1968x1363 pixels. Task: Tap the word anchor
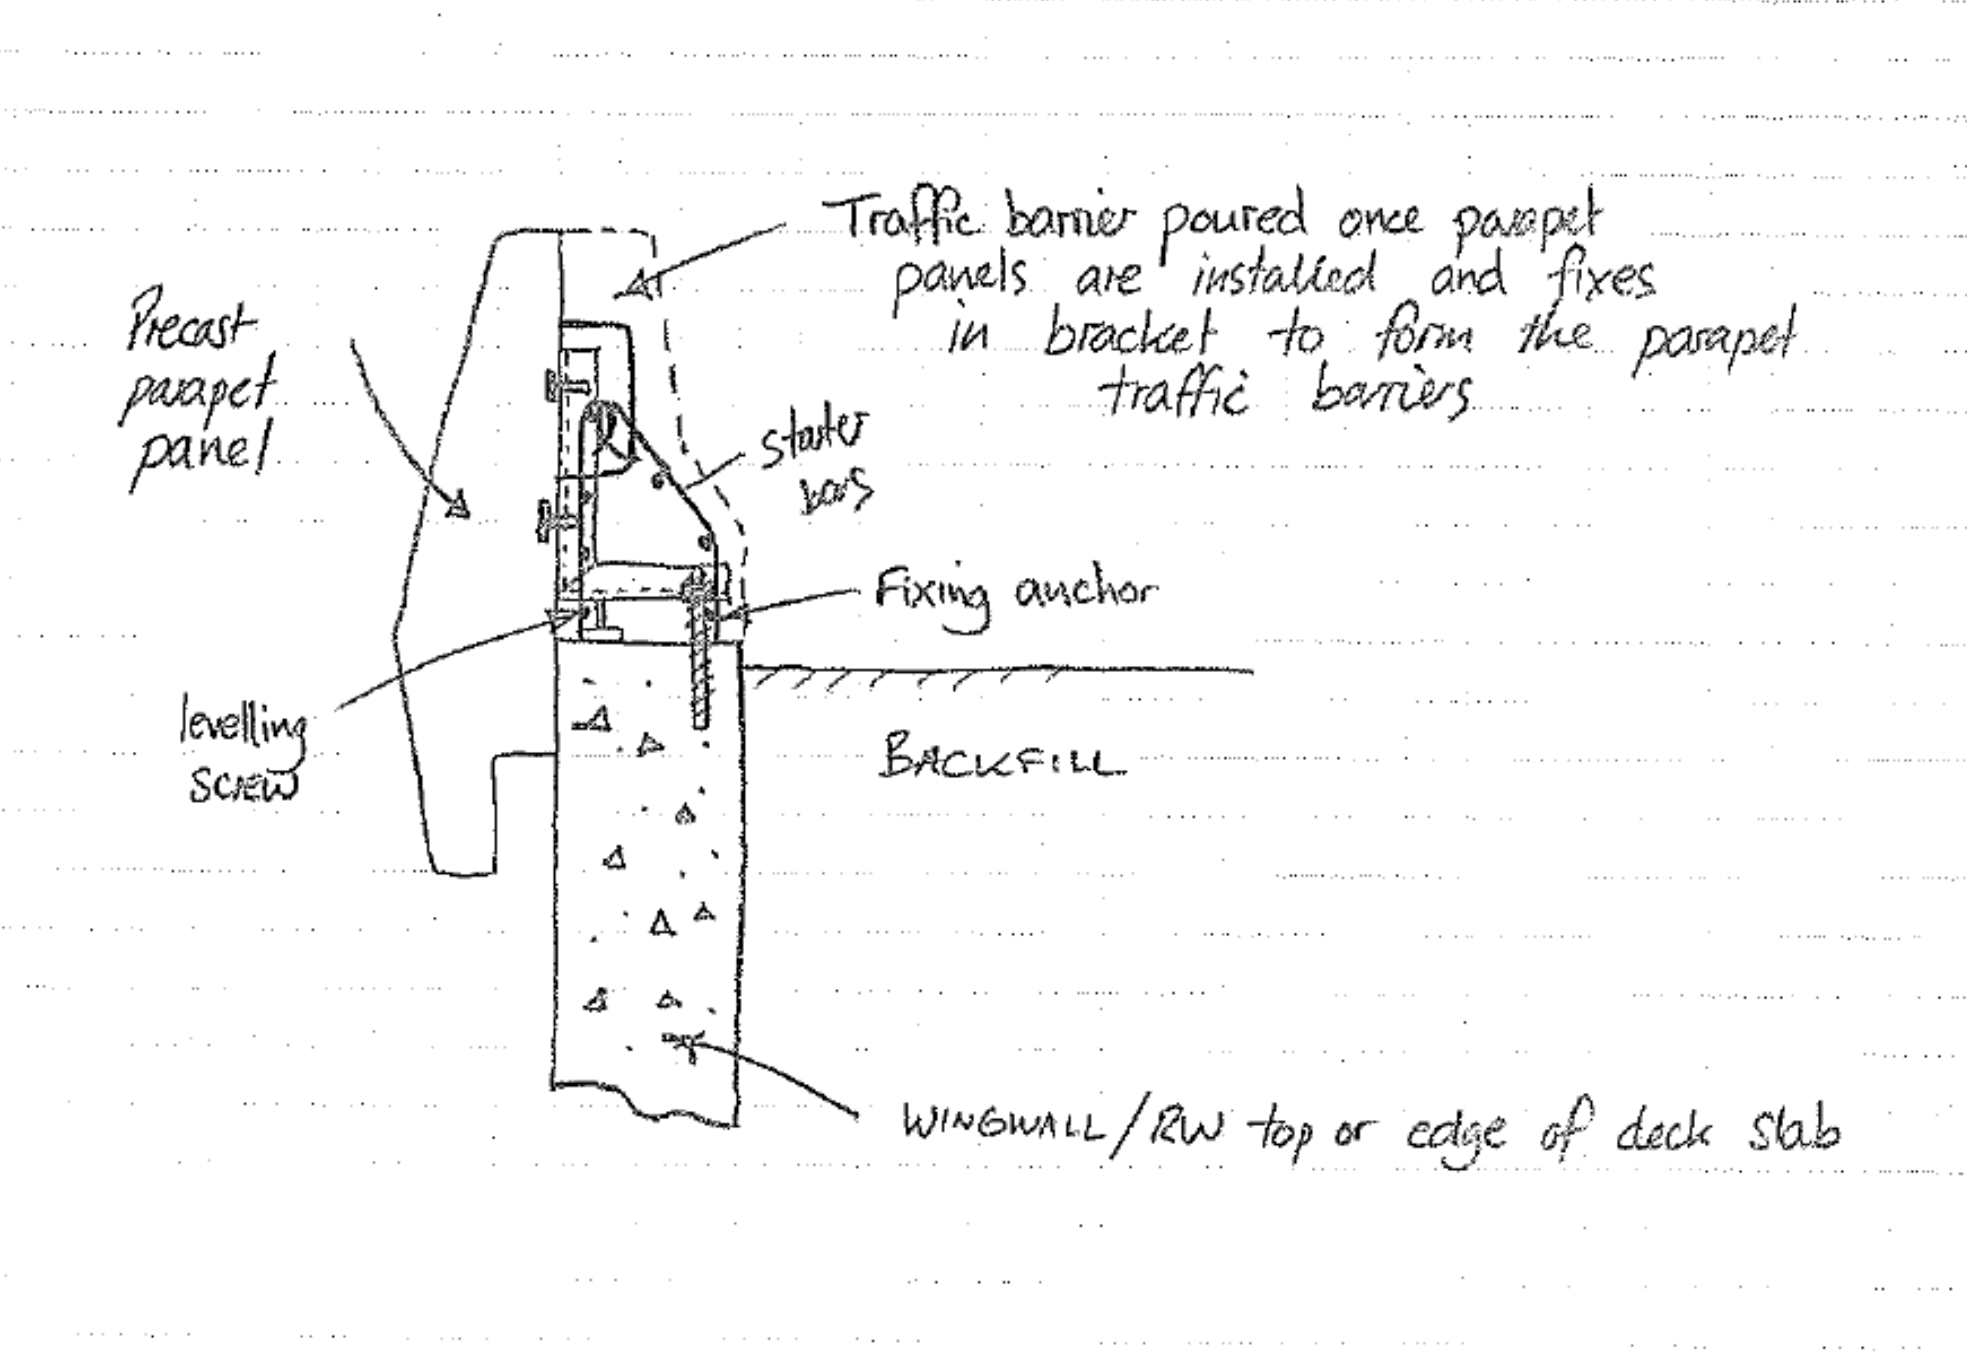click(x=1086, y=591)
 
